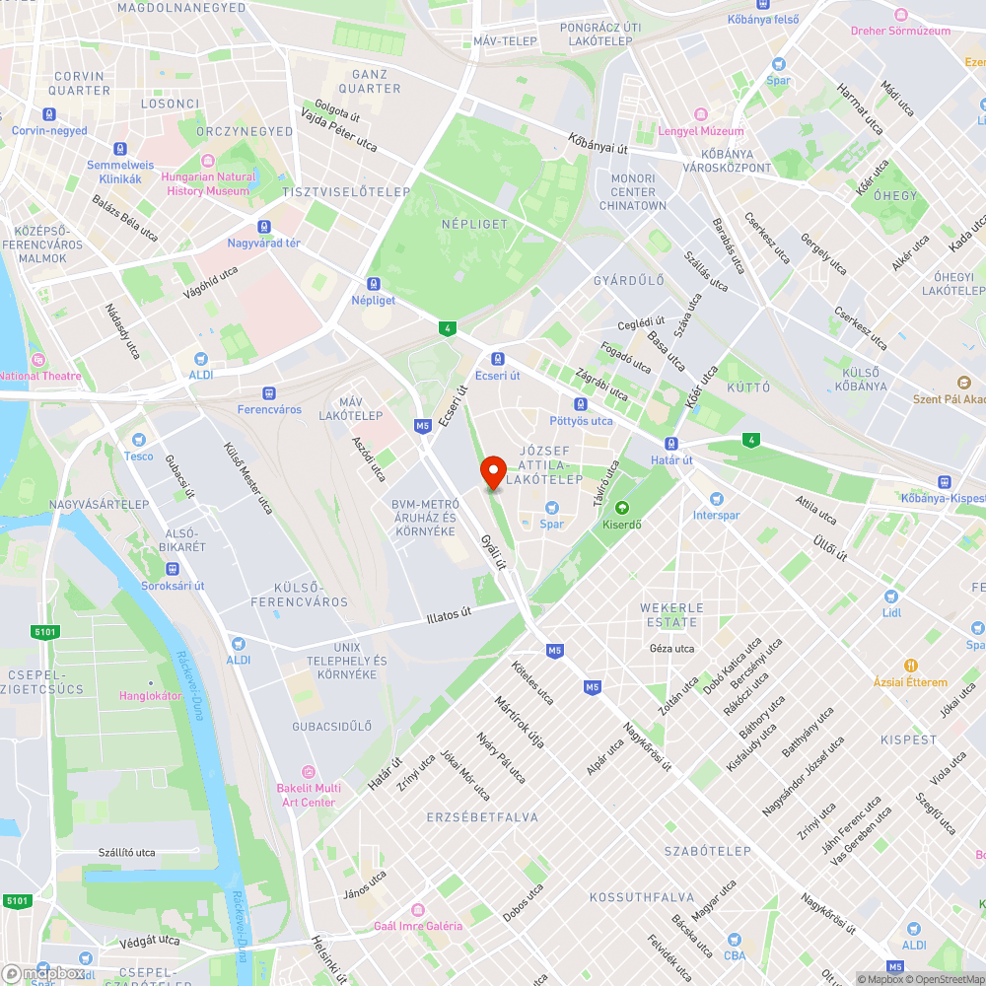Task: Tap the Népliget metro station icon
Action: click(x=373, y=282)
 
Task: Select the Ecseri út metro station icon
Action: click(x=498, y=359)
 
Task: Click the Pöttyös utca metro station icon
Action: click(x=581, y=404)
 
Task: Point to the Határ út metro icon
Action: click(x=671, y=444)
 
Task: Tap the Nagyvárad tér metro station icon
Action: click(x=263, y=226)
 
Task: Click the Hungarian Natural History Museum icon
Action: click(x=208, y=162)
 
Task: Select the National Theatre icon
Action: click(x=38, y=360)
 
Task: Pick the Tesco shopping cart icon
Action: click(x=139, y=440)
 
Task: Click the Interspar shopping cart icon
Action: click(x=716, y=499)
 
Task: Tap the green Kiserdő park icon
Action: click(x=621, y=509)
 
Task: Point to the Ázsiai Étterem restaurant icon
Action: click(x=912, y=666)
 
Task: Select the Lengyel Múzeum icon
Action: click(x=700, y=114)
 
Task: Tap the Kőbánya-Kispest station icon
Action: click(x=945, y=481)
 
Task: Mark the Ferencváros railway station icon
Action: click(x=269, y=392)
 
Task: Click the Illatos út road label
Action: click(x=449, y=614)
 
